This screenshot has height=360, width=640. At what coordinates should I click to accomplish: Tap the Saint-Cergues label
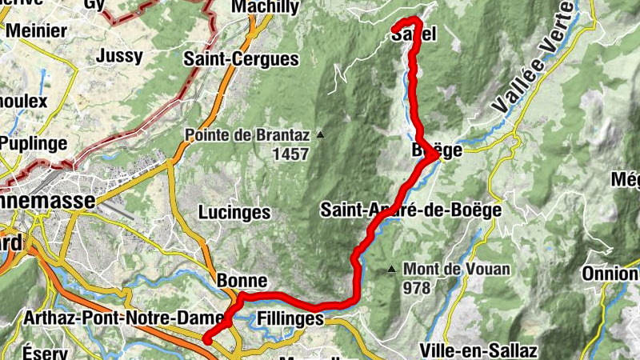[x=241, y=58]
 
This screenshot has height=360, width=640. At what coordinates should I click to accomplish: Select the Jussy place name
[x=118, y=56]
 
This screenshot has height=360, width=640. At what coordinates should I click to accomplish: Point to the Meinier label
[x=37, y=30]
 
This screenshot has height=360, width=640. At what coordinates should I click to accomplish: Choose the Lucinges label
[x=234, y=213]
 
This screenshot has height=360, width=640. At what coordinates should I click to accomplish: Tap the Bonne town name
[x=236, y=281]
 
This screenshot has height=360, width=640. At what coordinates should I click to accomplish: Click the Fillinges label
[x=290, y=319]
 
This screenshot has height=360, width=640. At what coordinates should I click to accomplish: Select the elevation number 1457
[x=290, y=154]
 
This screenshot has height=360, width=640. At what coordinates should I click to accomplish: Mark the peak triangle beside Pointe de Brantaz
[x=321, y=134]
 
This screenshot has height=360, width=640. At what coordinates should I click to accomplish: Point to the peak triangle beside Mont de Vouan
[x=392, y=269]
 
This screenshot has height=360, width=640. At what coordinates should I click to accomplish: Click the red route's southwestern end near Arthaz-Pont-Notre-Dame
[x=207, y=339]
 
